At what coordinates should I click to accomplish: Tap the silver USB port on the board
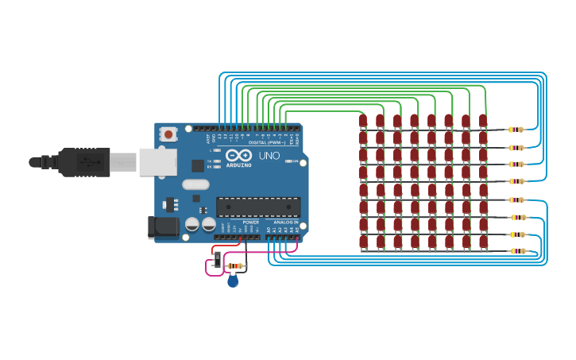[x=157, y=161]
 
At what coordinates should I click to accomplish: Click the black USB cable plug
[x=83, y=161]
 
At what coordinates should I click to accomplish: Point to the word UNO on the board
[x=269, y=156]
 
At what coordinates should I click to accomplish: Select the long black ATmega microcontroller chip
[x=258, y=207]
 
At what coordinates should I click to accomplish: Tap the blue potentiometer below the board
[x=233, y=281]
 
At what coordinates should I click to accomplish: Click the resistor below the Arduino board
[x=235, y=266]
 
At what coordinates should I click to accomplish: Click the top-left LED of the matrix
[x=363, y=122]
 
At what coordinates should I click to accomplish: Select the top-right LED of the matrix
[x=483, y=122]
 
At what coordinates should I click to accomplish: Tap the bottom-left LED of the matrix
[x=363, y=242]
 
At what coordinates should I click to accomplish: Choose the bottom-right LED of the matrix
[x=483, y=242]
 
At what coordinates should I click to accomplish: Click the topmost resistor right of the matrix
[x=516, y=130]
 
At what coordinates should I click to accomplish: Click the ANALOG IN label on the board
[x=286, y=222]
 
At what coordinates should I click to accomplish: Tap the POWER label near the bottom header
[x=251, y=222]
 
